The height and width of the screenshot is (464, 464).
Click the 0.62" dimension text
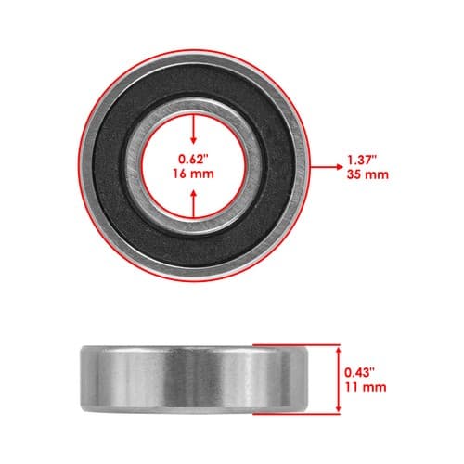[192, 160]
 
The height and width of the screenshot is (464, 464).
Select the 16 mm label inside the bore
[193, 174]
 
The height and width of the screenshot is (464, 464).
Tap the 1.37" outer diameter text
[362, 160]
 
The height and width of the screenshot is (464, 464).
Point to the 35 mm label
[367, 174]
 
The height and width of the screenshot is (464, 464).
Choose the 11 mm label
[366, 387]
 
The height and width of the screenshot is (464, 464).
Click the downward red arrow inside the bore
[194, 129]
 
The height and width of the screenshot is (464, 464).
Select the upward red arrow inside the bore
[194, 204]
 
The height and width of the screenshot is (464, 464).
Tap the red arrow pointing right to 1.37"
[326, 167]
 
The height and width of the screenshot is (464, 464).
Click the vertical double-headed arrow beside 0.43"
[338, 380]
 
